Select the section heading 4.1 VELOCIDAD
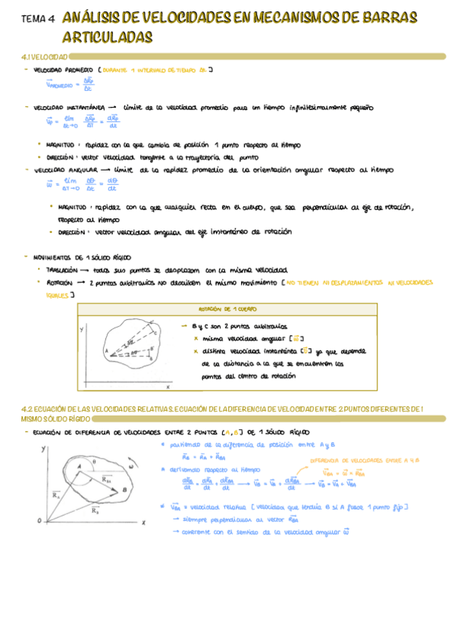(46, 58)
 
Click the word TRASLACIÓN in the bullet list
(68, 270)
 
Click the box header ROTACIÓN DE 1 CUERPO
(226, 309)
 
